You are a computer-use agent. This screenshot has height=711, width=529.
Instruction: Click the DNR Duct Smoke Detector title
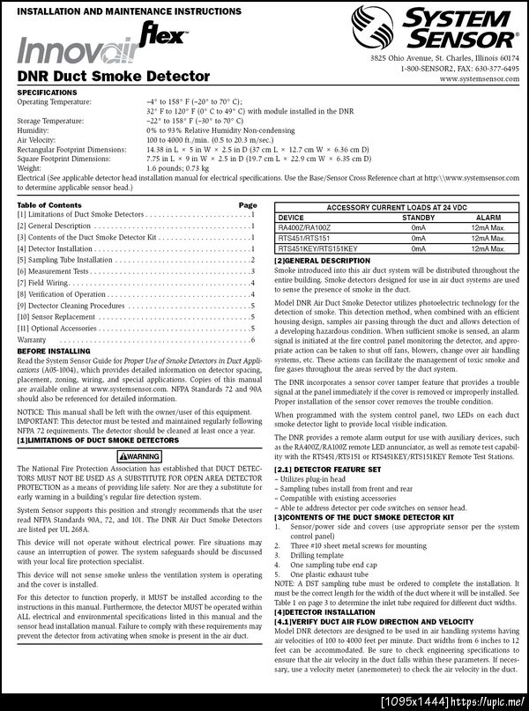click(114, 77)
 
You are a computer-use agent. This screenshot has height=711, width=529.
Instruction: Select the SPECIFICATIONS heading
click(47, 92)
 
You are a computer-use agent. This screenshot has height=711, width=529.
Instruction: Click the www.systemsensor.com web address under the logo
click(478, 78)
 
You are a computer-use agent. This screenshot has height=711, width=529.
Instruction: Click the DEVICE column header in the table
click(291, 216)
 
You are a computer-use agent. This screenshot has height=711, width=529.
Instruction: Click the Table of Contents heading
click(49, 204)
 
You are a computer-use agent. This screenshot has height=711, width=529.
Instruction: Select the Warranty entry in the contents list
click(32, 339)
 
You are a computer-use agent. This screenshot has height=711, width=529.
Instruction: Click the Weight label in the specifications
click(30, 167)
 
